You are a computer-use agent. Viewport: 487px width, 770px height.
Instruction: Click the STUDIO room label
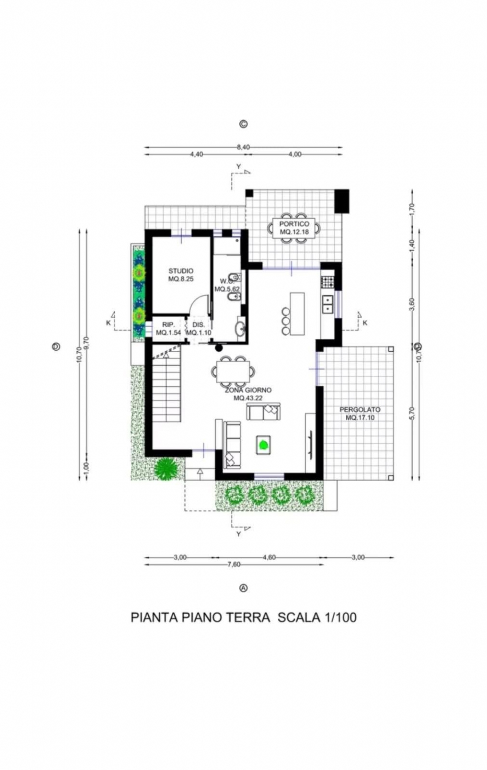[x=181, y=271]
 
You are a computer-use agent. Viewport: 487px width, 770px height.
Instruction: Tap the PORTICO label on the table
[x=294, y=224]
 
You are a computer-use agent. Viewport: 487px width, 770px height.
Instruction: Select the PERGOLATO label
[x=360, y=409]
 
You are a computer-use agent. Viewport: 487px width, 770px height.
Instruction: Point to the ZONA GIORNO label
[x=248, y=390]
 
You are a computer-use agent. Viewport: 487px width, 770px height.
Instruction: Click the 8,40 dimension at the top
[x=243, y=147]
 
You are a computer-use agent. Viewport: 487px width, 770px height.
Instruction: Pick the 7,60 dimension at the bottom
[x=234, y=564]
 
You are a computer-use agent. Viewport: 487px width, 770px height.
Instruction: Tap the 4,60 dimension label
[x=269, y=557]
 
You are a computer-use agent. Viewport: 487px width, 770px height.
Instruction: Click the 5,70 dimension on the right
[x=412, y=413]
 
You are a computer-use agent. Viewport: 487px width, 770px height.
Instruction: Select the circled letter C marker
[x=243, y=124]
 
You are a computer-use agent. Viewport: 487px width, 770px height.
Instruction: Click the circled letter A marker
[x=243, y=588]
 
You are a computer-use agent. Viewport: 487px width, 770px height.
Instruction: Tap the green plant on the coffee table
[x=263, y=444]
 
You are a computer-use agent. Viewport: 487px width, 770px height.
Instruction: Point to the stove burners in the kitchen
[x=327, y=282]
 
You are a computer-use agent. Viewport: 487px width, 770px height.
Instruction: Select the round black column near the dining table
[x=219, y=348]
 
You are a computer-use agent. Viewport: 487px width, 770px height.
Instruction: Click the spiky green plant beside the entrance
[x=166, y=469]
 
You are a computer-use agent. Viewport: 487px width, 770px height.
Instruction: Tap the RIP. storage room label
[x=169, y=325]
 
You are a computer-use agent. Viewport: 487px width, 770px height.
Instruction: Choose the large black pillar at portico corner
[x=342, y=201]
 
